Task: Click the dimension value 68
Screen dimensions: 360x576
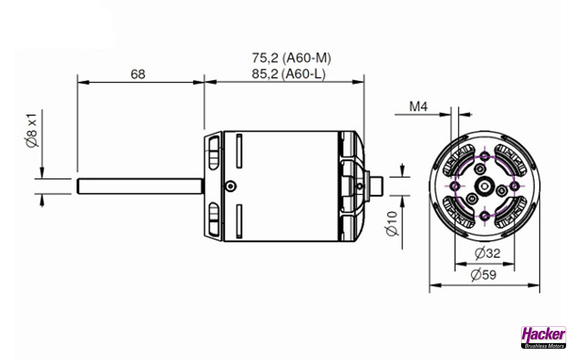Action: [138, 74]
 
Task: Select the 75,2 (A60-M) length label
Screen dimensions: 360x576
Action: [292, 58]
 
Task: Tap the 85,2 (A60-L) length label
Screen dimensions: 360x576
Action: [288, 74]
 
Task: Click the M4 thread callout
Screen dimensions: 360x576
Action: [418, 107]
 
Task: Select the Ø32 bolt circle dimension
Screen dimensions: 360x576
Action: [487, 253]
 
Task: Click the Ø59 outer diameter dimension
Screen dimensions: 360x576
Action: [484, 274]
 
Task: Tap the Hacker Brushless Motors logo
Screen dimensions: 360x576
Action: [543, 337]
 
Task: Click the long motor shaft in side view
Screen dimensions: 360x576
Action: [139, 186]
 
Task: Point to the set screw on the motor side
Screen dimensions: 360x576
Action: [231, 186]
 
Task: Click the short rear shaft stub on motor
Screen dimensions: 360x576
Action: [376, 186]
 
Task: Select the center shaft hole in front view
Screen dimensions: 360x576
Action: [485, 186]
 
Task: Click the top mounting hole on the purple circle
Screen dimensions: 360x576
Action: [485, 157]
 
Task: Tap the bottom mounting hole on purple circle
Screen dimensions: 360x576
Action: [485, 216]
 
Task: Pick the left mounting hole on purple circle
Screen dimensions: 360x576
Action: [455, 186]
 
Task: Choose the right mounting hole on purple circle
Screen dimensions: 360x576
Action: [514, 186]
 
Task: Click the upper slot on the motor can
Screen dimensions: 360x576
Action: [239, 151]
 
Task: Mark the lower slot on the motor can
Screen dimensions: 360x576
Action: [239, 220]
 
